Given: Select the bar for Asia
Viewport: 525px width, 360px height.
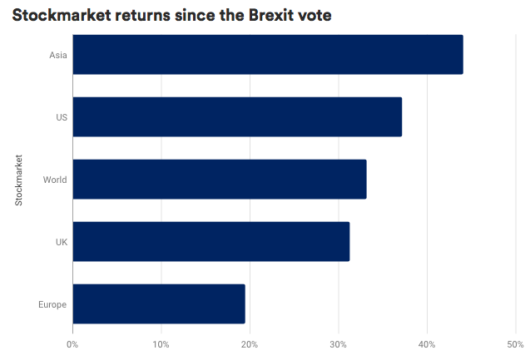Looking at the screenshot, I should (x=267, y=55).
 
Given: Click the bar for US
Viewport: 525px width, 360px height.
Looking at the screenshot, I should (x=237, y=117).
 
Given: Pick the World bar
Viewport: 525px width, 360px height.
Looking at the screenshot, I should (x=219, y=180).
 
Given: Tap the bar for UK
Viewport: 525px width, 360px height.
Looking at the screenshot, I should (x=210, y=242).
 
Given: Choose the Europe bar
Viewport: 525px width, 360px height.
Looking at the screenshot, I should (x=159, y=304).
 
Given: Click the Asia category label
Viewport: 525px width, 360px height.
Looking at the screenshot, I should (x=58, y=56).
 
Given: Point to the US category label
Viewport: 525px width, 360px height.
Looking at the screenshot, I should (x=61, y=117).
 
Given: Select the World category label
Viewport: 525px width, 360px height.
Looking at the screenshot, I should (x=55, y=180).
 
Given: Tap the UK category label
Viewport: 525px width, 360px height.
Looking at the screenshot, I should (x=61, y=242).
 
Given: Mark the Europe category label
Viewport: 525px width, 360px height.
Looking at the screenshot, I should (x=52, y=304).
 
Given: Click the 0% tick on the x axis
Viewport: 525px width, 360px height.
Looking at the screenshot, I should (x=72, y=344).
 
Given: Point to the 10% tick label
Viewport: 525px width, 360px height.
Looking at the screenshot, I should (x=161, y=344).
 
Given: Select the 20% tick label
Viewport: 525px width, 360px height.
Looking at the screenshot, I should (x=250, y=344).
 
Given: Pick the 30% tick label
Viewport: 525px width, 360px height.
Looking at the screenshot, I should (x=338, y=344).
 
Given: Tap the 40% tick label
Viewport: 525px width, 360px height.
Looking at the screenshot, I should (x=427, y=344).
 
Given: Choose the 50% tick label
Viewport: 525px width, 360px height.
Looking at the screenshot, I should (x=515, y=344).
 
